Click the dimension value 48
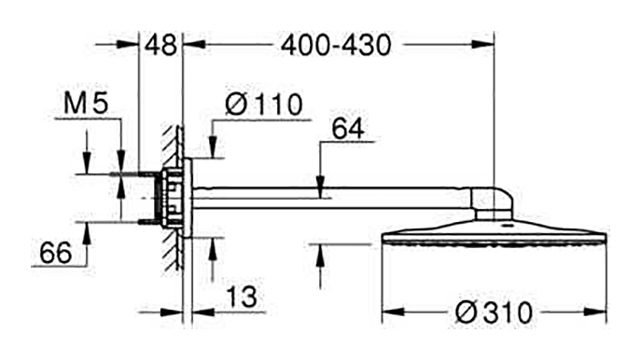(161, 45)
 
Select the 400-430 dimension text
(336, 45)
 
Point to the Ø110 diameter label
(264, 104)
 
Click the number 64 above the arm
(347, 129)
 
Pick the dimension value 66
(56, 253)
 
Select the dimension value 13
(242, 297)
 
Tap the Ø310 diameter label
(494, 313)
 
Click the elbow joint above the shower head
(492, 203)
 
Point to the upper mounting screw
(134, 174)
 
